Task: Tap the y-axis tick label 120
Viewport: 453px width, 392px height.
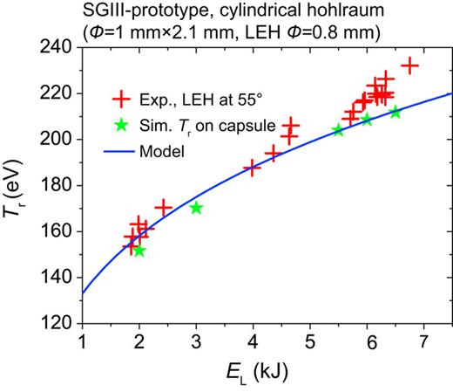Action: [61, 323]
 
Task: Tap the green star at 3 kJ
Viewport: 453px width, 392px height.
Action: [196, 208]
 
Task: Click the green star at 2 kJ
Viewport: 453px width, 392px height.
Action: [139, 251]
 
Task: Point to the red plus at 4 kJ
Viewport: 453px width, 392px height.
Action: [253, 167]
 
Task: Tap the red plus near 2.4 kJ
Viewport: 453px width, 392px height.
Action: [163, 208]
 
